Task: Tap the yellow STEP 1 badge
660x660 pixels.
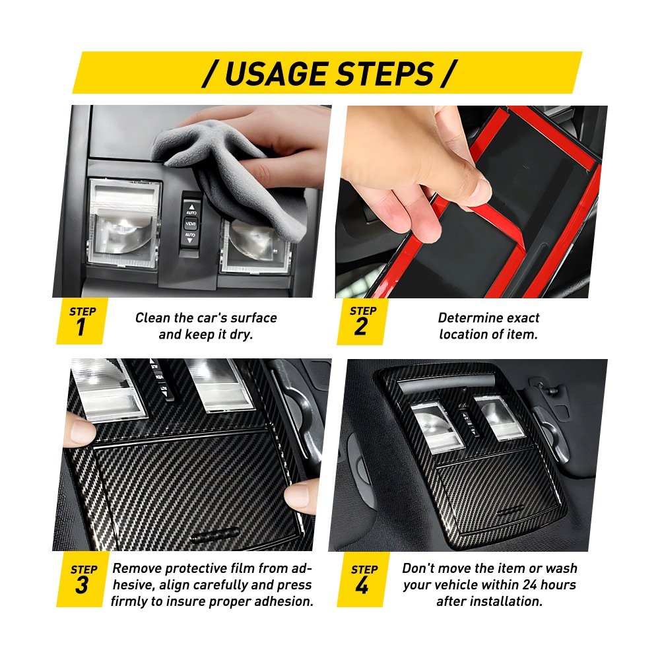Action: pyautogui.click(x=81, y=321)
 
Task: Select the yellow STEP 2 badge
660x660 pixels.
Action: pyautogui.click(x=361, y=321)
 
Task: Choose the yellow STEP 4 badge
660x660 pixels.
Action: pyautogui.click(x=362, y=579)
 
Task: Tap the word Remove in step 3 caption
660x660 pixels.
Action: pyautogui.click(x=137, y=568)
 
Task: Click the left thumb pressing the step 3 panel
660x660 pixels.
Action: pyautogui.click(x=79, y=430)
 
